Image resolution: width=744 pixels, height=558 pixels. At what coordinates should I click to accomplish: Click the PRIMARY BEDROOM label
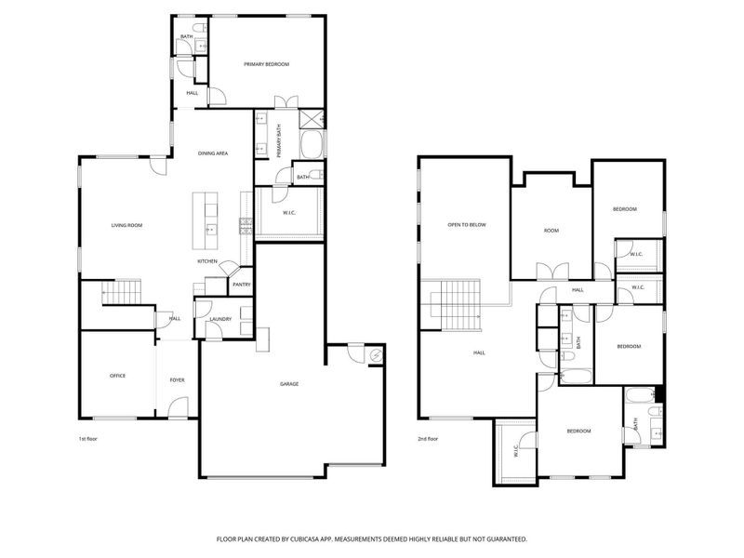pos(267,64)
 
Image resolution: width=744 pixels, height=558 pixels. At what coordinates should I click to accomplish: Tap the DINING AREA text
pos(213,153)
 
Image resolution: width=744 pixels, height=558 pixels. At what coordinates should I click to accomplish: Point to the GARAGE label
pos(289,383)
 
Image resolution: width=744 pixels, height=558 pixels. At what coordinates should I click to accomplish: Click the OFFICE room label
pos(117,376)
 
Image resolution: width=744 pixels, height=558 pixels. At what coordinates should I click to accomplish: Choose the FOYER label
pos(177,379)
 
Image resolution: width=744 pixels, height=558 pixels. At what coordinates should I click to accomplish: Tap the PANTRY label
pos(241,285)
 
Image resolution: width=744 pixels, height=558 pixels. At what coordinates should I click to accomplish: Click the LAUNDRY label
pos(220,319)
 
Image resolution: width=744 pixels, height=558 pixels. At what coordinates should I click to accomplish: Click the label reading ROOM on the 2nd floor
pos(551,230)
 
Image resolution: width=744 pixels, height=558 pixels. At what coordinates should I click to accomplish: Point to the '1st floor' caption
pos(88,438)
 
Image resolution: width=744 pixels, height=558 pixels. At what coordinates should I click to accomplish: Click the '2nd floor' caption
pos(428,438)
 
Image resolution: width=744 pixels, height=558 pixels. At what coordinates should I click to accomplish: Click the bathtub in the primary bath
pos(312,145)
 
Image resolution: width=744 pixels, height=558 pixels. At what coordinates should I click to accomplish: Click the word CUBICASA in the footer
pos(320,538)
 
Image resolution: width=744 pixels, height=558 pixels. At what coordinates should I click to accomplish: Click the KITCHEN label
pos(207,261)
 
